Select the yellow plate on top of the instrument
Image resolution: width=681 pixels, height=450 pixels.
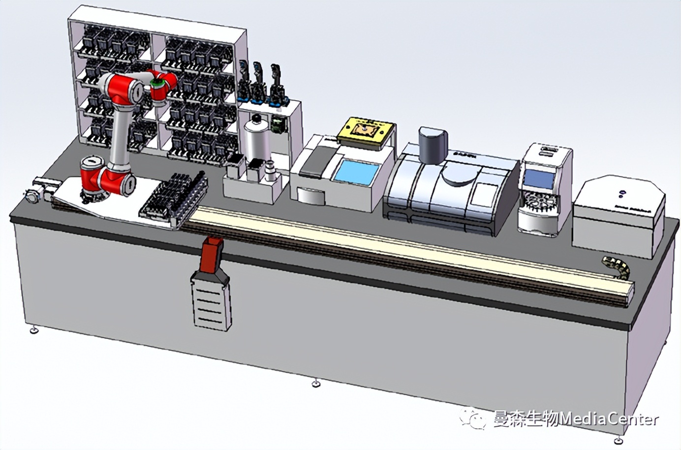click(367, 130)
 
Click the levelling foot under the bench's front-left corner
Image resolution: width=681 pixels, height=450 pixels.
click(33, 330)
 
